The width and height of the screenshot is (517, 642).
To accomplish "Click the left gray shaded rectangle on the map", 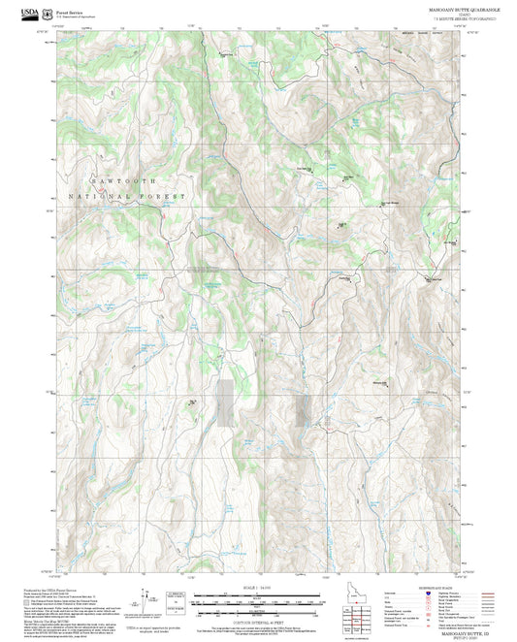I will [x=225, y=403].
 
